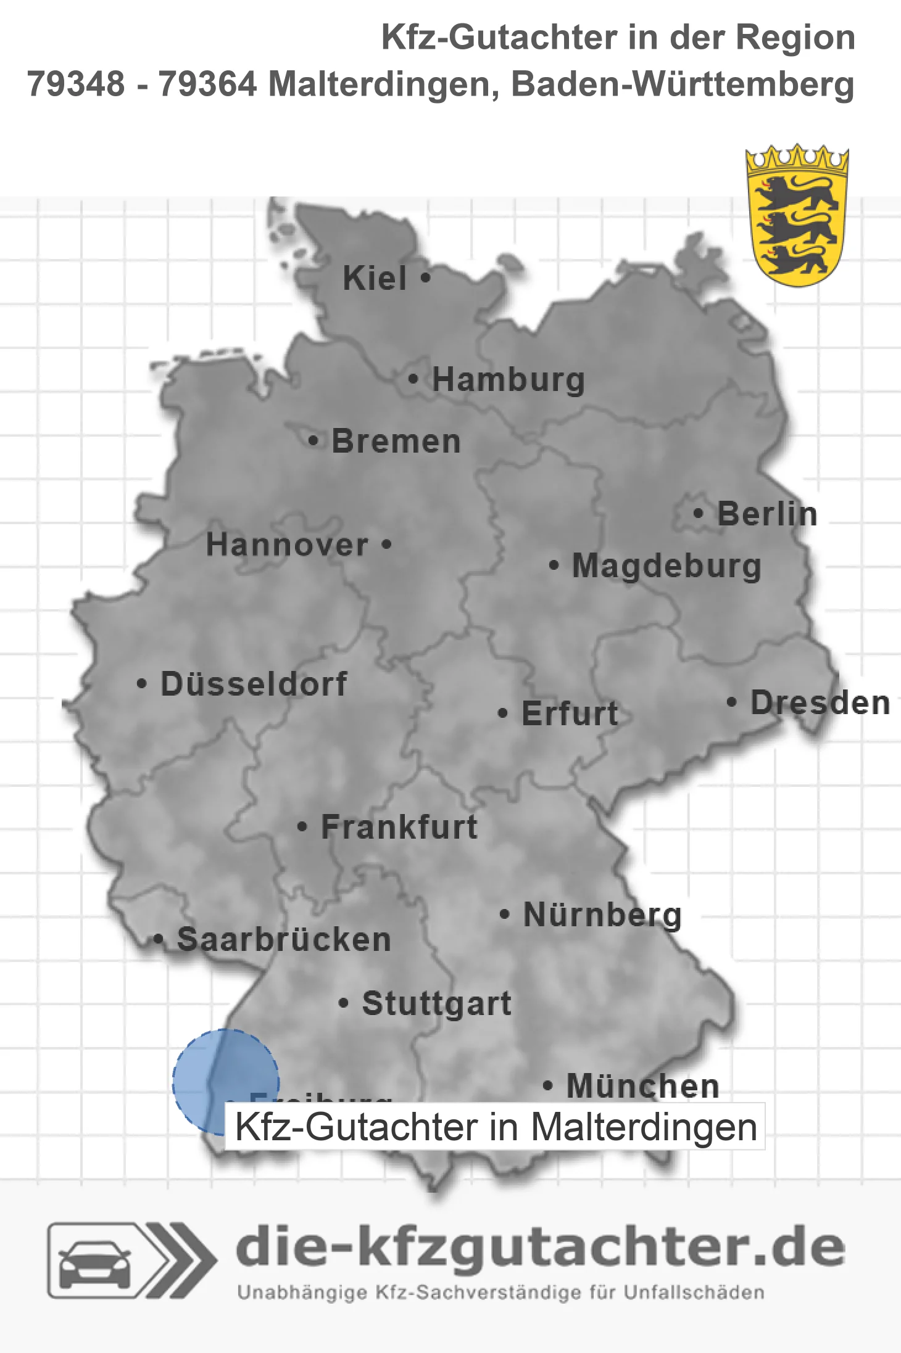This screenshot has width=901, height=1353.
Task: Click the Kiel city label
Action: [x=375, y=278]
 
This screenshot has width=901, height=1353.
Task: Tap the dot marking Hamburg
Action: [x=413, y=379]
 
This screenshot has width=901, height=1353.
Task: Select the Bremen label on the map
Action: [x=396, y=442]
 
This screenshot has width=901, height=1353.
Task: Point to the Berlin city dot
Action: [x=698, y=513]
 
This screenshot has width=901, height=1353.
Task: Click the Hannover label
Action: [x=287, y=545]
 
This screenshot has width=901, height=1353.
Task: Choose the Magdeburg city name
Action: [x=666, y=566]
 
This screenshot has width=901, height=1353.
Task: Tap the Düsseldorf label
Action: [x=254, y=684]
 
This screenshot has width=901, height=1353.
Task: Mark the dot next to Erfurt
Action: [x=502, y=714]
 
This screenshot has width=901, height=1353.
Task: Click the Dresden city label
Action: [x=820, y=703]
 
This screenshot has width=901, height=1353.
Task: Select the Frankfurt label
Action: [x=399, y=827]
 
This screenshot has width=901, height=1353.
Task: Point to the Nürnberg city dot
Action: [x=504, y=914]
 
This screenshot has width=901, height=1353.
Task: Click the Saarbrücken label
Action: [x=284, y=940]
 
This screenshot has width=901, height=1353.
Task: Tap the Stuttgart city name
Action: [x=436, y=1003]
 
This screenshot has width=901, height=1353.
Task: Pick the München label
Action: [x=642, y=1086]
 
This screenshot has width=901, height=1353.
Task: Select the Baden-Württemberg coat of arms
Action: [x=797, y=216]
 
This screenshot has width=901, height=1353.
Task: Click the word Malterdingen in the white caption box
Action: [x=644, y=1127]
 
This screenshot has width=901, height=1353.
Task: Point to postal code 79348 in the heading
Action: [x=76, y=84]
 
